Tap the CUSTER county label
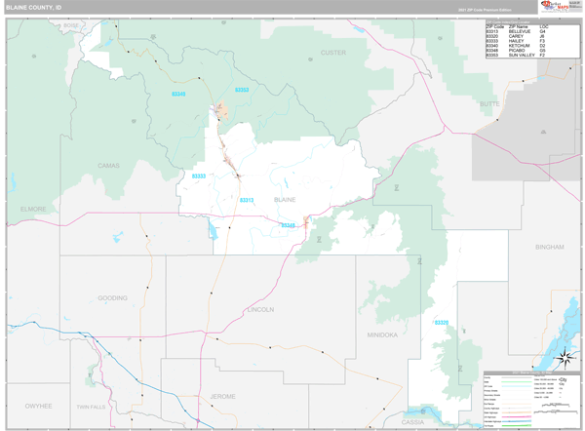click(x=332, y=52)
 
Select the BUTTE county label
click(x=488, y=102)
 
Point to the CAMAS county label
click(x=108, y=166)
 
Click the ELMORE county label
click(x=33, y=209)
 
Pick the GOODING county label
click(x=112, y=297)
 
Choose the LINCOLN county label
click(x=260, y=309)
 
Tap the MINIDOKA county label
click(x=382, y=334)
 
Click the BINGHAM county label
click(x=549, y=248)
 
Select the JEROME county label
click(x=222, y=396)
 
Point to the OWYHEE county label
click(x=38, y=404)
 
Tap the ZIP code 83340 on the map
click(x=178, y=94)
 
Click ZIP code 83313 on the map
click(x=247, y=200)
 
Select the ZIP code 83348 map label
click(x=288, y=225)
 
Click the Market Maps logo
click(x=560, y=7)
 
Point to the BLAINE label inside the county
click(x=285, y=199)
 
